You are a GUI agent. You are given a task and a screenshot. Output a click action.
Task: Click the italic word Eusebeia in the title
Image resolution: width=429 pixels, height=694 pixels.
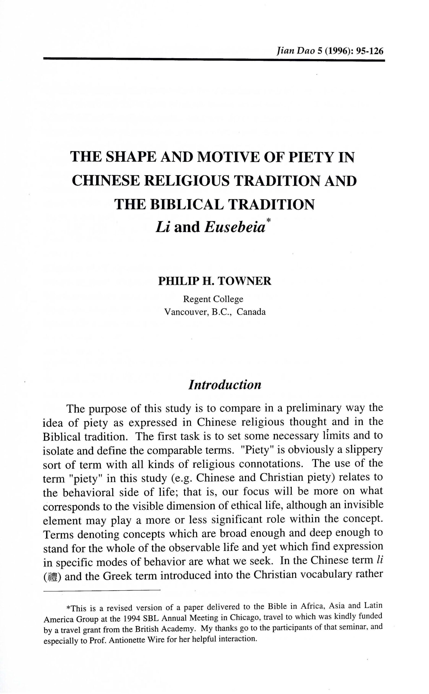235,227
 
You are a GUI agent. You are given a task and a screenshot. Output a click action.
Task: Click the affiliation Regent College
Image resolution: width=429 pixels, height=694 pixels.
213,299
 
